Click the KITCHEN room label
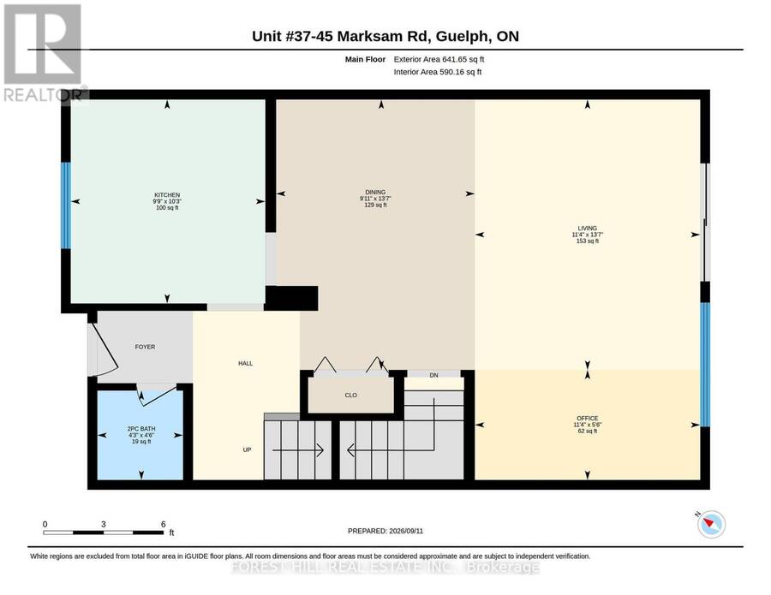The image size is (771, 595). [167, 195]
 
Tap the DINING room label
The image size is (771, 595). [375, 192]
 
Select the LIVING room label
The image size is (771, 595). [587, 228]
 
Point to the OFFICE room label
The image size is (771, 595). [587, 418]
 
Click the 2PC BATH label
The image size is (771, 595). [141, 429]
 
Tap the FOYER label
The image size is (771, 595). [145, 347]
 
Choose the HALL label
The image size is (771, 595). [245, 364]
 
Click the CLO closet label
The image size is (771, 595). [350, 395]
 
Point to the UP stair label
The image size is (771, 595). [247, 449]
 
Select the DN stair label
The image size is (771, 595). [433, 375]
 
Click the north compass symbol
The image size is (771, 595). [711, 524]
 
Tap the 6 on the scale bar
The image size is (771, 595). [164, 524]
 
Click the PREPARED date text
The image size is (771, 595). [385, 531]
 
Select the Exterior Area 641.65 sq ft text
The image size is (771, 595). [439, 59]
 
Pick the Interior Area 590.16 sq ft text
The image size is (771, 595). [438, 72]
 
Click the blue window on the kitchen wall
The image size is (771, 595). [66, 205]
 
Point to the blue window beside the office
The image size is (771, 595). [705, 365]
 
